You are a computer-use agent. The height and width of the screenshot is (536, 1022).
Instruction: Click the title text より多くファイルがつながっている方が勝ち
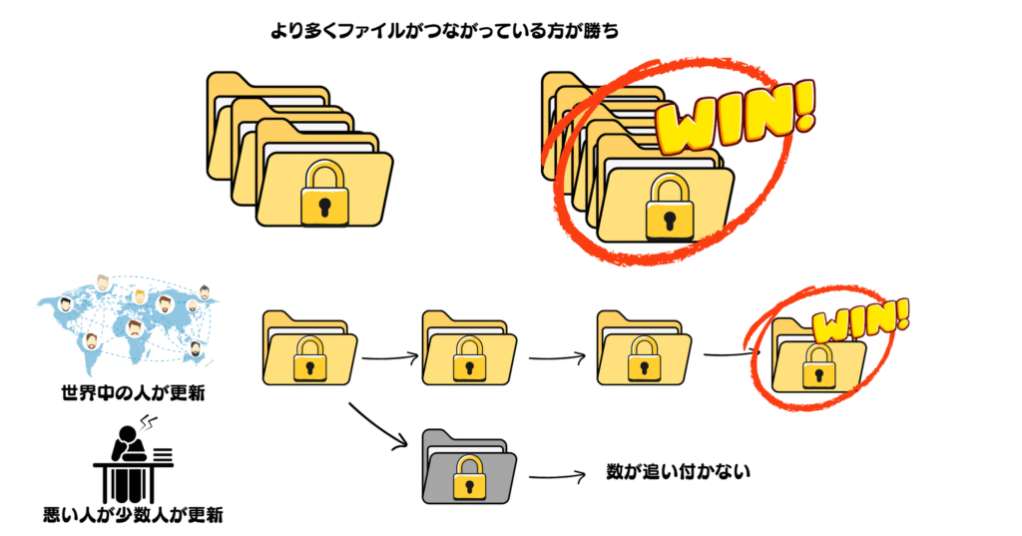click(x=446, y=31)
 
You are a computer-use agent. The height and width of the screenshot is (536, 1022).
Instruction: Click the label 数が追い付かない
click(x=678, y=470)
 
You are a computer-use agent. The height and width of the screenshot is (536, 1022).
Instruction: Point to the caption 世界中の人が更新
click(x=133, y=392)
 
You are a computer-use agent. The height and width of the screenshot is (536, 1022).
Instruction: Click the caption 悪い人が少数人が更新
click(x=133, y=516)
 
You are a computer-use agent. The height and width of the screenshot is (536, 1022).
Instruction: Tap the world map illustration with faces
click(x=127, y=318)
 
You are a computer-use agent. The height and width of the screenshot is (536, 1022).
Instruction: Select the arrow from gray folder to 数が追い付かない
click(x=556, y=477)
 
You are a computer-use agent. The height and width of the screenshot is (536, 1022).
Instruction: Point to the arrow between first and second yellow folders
click(x=388, y=356)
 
